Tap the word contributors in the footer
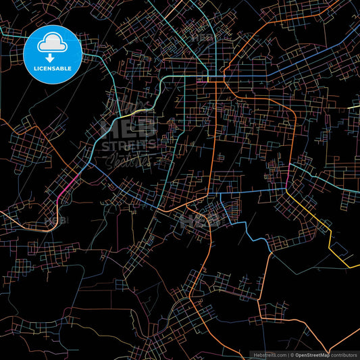pyautogui.click(x=344, y=354)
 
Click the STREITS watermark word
pyautogui.click(x=128, y=144)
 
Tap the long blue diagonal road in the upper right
pyautogui.click(x=297, y=61)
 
